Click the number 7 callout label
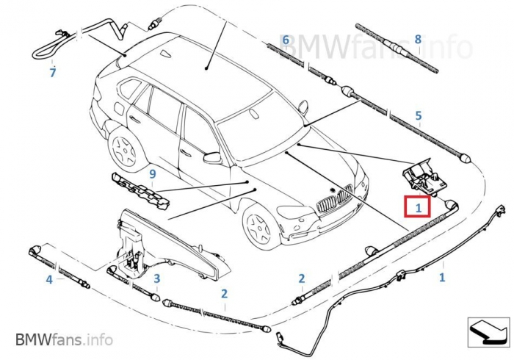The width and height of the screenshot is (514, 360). click(x=52, y=73)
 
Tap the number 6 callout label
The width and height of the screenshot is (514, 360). click(x=286, y=39)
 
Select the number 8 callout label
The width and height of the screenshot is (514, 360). click(x=417, y=39)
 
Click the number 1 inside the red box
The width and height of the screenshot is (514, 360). click(x=417, y=208)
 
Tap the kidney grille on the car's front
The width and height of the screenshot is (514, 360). click(x=334, y=200)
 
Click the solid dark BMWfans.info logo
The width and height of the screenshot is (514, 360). click(x=64, y=339)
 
